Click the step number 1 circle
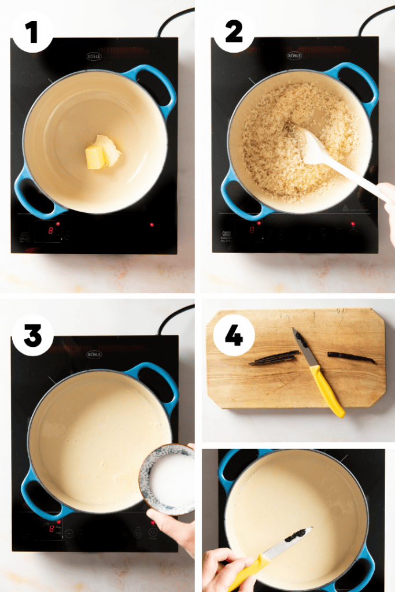32,31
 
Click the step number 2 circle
234,31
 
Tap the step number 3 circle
32,335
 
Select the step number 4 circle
234,335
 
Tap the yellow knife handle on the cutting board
327,390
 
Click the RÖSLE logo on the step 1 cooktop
94,56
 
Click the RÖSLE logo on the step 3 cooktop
94,354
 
